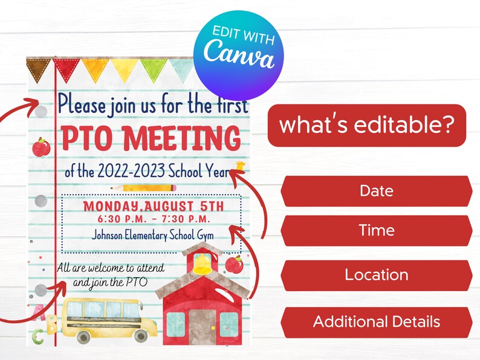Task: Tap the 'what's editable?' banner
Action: pos(366,125)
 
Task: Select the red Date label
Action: pos(376,191)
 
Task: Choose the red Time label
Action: pos(376,230)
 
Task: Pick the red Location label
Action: pos(376,275)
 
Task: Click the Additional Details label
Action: pos(376,321)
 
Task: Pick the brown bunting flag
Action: pos(38,68)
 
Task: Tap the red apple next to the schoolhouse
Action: pos(235,264)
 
